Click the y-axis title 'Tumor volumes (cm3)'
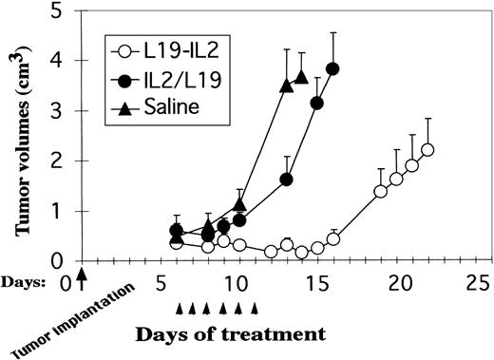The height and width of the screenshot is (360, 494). (22, 133)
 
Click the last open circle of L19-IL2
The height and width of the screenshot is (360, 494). (427, 149)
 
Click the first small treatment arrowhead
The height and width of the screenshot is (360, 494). (180, 307)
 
